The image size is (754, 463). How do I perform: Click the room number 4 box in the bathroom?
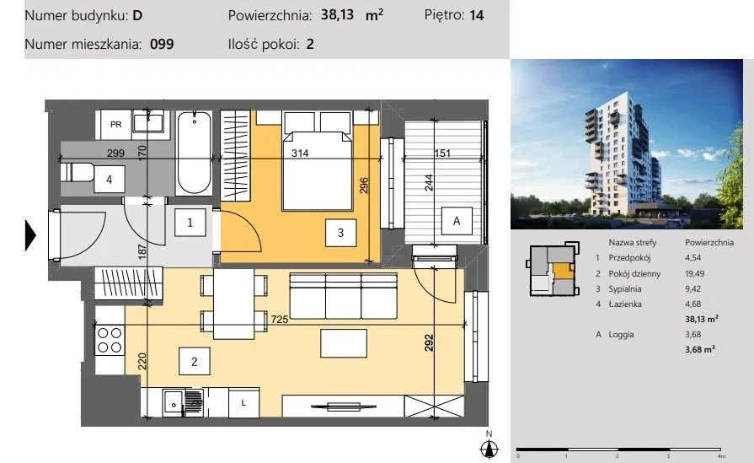pyautogui.click(x=110, y=180)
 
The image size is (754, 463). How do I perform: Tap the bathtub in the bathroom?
pyautogui.click(x=195, y=153)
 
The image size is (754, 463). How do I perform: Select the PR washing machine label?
pyautogui.click(x=116, y=124)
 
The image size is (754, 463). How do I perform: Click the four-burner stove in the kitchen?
pyautogui.click(x=110, y=340)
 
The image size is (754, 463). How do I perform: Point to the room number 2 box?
pyautogui.click(x=195, y=362)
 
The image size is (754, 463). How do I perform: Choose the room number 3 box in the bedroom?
pyautogui.click(x=340, y=233)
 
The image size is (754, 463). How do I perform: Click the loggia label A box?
pyautogui.click(x=457, y=221)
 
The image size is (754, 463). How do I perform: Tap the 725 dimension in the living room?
pyautogui.click(x=280, y=319)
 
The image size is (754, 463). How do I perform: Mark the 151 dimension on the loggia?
pyautogui.click(x=442, y=153)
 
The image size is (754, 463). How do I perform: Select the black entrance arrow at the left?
pyautogui.click(x=30, y=234)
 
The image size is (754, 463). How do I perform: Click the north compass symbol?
pyautogui.click(x=489, y=445)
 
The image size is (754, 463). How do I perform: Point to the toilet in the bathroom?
pyautogui.click(x=77, y=172)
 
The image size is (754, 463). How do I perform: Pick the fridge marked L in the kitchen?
pyautogui.click(x=243, y=402)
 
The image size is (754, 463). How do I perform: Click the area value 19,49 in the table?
pyautogui.click(x=694, y=273)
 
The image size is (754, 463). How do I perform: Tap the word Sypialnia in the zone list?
pyautogui.click(x=624, y=288)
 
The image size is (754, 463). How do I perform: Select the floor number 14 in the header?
pyautogui.click(x=476, y=15)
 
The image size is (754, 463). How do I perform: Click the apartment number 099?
pyautogui.click(x=162, y=44)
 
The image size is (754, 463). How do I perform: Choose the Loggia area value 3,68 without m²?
pyautogui.click(x=693, y=334)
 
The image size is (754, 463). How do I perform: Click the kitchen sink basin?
pyautogui.click(x=173, y=402)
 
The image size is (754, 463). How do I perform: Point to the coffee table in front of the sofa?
pyautogui.click(x=344, y=343)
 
